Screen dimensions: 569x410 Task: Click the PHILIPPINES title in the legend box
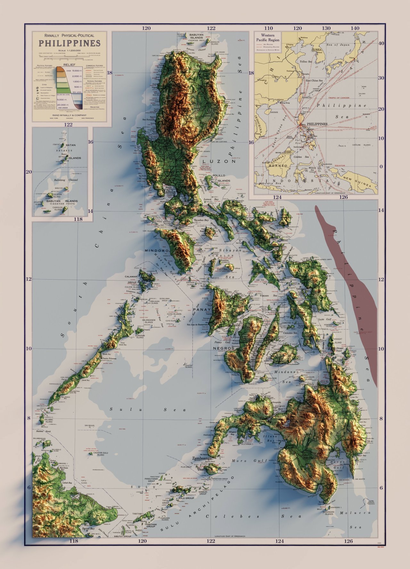pyautogui.click(x=70, y=43)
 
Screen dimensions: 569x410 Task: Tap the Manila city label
pyautogui.click(x=168, y=192)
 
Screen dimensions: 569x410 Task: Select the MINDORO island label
pyautogui.click(x=156, y=251)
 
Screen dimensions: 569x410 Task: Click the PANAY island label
pyautogui.click(x=202, y=310)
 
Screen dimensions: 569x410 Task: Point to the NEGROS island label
pyautogui.click(x=224, y=348)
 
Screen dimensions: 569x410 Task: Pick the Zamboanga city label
pyautogui.click(x=202, y=459)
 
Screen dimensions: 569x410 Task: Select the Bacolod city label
pyautogui.click(x=251, y=328)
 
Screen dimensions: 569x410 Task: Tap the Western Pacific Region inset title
pyautogui.click(x=268, y=37)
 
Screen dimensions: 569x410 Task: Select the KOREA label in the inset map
pyautogui.click(x=317, y=50)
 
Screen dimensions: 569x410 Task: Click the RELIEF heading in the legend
pyautogui.click(x=69, y=65)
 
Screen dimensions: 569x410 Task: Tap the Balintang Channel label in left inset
pyautogui.click(x=66, y=180)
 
